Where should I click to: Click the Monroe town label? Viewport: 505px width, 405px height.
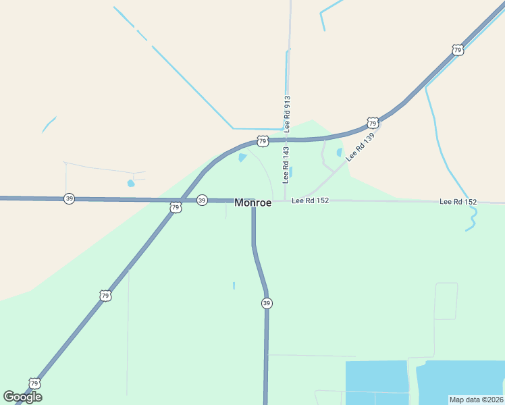click(x=253, y=202)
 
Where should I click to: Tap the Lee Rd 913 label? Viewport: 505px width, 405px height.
click(x=287, y=113)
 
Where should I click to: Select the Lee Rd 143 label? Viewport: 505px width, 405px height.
click(x=286, y=165)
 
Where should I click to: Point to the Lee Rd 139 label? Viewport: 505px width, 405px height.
click(x=359, y=146)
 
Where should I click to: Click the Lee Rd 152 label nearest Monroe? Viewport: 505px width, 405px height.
click(x=310, y=201)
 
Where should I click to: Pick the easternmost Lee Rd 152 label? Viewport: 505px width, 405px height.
click(x=458, y=202)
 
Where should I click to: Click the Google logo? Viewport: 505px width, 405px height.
click(x=22, y=397)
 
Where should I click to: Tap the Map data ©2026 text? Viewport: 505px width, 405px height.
click(x=477, y=399)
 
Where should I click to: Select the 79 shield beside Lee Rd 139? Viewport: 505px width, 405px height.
click(x=373, y=122)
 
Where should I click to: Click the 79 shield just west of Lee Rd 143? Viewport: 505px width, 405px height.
click(x=263, y=141)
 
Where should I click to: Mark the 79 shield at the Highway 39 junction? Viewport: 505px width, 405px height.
click(x=176, y=207)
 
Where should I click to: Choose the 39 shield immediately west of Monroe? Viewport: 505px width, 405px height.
click(x=202, y=200)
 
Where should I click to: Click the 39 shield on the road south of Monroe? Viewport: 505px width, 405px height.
click(x=267, y=304)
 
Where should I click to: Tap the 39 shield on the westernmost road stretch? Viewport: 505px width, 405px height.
click(x=69, y=198)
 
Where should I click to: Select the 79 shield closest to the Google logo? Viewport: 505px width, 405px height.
click(x=34, y=383)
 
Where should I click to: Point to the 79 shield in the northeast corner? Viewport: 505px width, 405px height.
click(x=458, y=50)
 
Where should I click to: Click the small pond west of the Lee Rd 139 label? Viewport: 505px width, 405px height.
click(x=339, y=153)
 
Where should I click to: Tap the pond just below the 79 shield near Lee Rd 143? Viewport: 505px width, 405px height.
click(x=242, y=158)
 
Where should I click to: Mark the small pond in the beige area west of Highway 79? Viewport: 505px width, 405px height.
click(x=131, y=183)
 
